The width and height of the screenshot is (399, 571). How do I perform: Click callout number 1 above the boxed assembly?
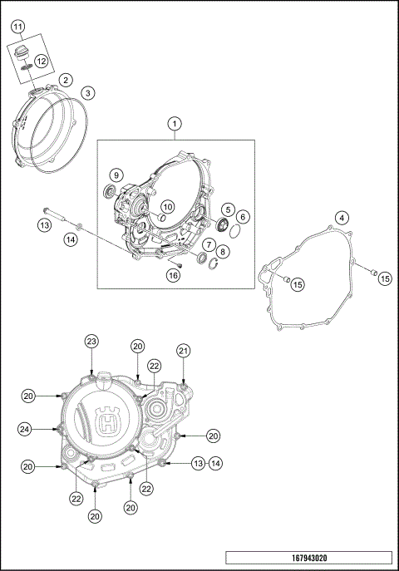point(175,124)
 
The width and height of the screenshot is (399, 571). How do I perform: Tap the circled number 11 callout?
point(17,27)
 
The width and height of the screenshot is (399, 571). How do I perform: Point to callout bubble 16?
point(173,275)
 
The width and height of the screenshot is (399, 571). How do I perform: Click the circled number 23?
point(92,341)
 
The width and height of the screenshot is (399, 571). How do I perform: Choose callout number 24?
point(26,428)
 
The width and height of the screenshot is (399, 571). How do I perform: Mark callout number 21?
point(183,351)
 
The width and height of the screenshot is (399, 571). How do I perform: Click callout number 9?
point(116,175)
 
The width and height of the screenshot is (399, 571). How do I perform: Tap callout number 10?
point(167,206)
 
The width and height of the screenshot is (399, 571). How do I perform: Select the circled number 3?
point(87,92)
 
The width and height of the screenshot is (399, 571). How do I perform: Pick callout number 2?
point(64,81)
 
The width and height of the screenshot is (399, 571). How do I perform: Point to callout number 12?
point(40,61)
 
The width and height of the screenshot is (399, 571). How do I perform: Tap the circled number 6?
point(243,216)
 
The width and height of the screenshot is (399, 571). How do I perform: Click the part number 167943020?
point(308,558)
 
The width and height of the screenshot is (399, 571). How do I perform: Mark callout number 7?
point(209,245)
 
